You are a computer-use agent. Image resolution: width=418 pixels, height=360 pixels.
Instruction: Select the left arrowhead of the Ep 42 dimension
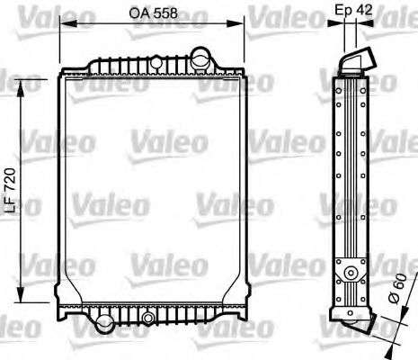(x=340, y=23)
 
